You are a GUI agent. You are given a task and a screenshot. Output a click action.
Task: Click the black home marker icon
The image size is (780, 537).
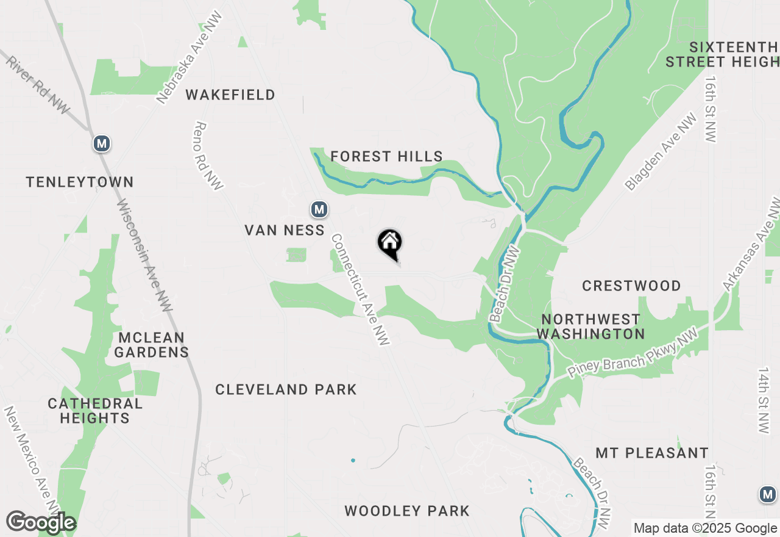click(390, 243)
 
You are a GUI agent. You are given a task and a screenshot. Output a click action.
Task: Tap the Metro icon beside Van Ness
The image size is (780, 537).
click(319, 210)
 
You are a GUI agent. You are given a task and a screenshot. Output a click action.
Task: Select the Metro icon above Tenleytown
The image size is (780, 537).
click(102, 144)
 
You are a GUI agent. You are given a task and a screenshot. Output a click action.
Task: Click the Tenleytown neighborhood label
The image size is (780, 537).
click(80, 182)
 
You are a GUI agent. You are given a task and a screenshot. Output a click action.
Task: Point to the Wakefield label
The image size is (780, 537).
click(230, 95)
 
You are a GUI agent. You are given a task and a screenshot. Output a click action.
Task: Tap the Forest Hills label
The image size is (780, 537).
click(386, 157)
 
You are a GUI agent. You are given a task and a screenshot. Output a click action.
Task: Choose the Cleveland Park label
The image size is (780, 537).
click(286, 389)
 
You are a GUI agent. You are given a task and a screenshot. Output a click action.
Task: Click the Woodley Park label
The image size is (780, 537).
click(407, 511)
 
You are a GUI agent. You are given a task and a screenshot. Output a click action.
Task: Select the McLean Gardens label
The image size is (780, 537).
click(152, 345)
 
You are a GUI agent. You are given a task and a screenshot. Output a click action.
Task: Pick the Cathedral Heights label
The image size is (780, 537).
click(95, 411)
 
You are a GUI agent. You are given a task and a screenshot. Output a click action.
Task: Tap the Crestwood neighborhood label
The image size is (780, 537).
click(631, 286)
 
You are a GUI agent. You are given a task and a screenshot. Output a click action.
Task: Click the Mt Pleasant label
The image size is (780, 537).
click(652, 453)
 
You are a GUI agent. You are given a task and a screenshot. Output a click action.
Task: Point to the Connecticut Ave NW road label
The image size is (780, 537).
click(360, 290)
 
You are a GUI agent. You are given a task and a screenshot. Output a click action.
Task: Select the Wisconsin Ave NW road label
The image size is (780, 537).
click(144, 256)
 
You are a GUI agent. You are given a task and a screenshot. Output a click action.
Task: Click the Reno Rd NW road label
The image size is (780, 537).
click(208, 156)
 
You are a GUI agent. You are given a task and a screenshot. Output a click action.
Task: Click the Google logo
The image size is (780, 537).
click(41, 523)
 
